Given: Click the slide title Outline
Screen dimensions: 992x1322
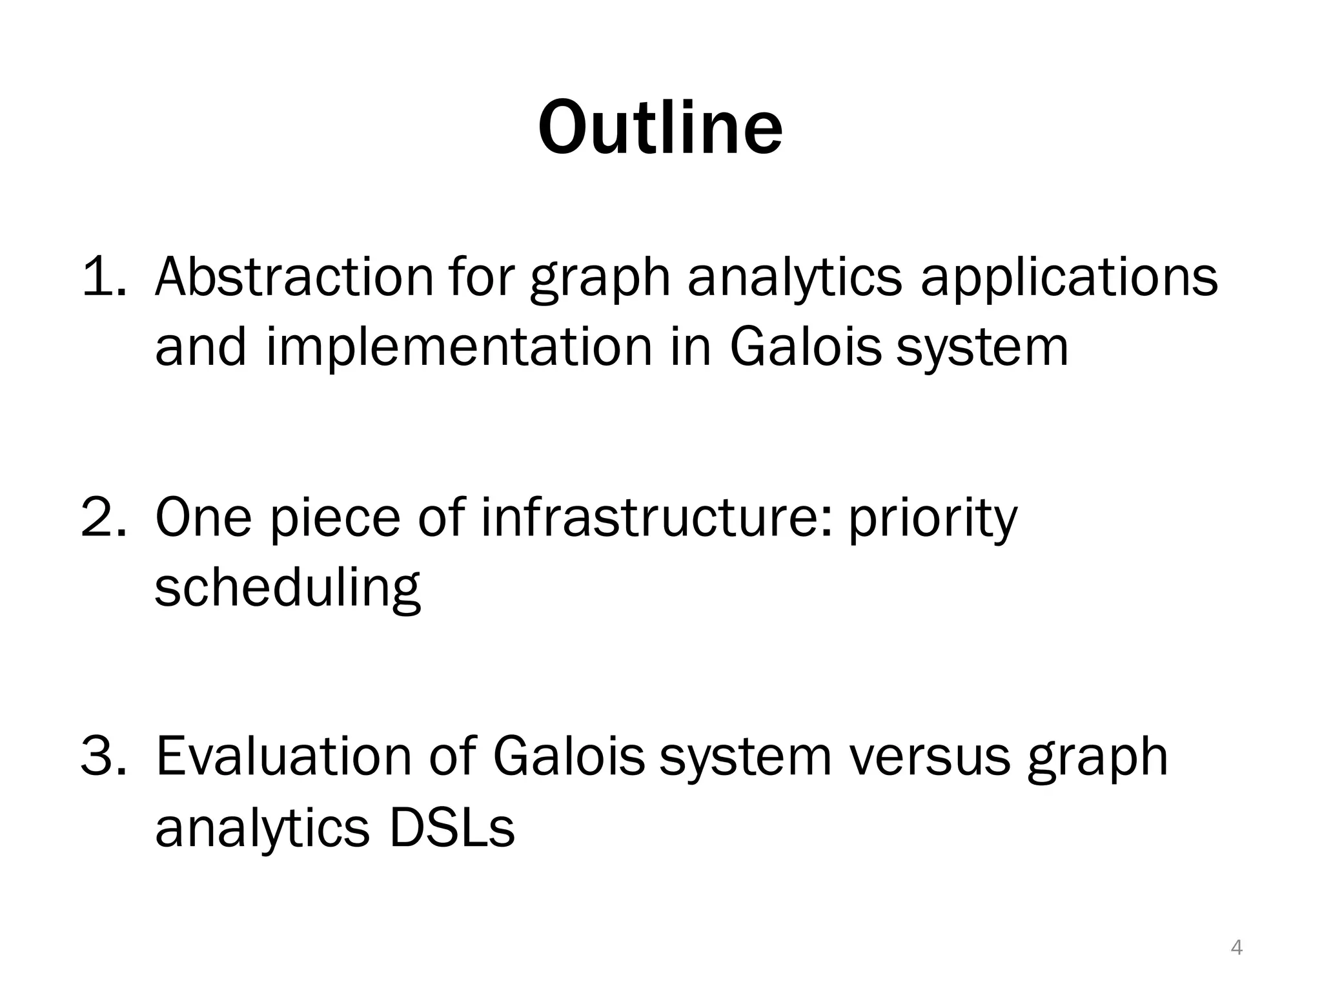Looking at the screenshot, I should pyautogui.click(x=660, y=127).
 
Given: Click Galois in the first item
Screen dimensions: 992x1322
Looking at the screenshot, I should pyautogui.click(x=805, y=347).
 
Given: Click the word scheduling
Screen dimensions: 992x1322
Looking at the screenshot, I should pyautogui.click(x=288, y=589).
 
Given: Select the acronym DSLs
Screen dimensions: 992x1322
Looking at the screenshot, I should pyautogui.click(x=451, y=827).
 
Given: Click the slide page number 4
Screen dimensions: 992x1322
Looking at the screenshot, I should pyautogui.click(x=1237, y=947).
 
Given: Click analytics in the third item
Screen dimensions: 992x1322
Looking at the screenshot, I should pyautogui.click(x=262, y=830).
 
